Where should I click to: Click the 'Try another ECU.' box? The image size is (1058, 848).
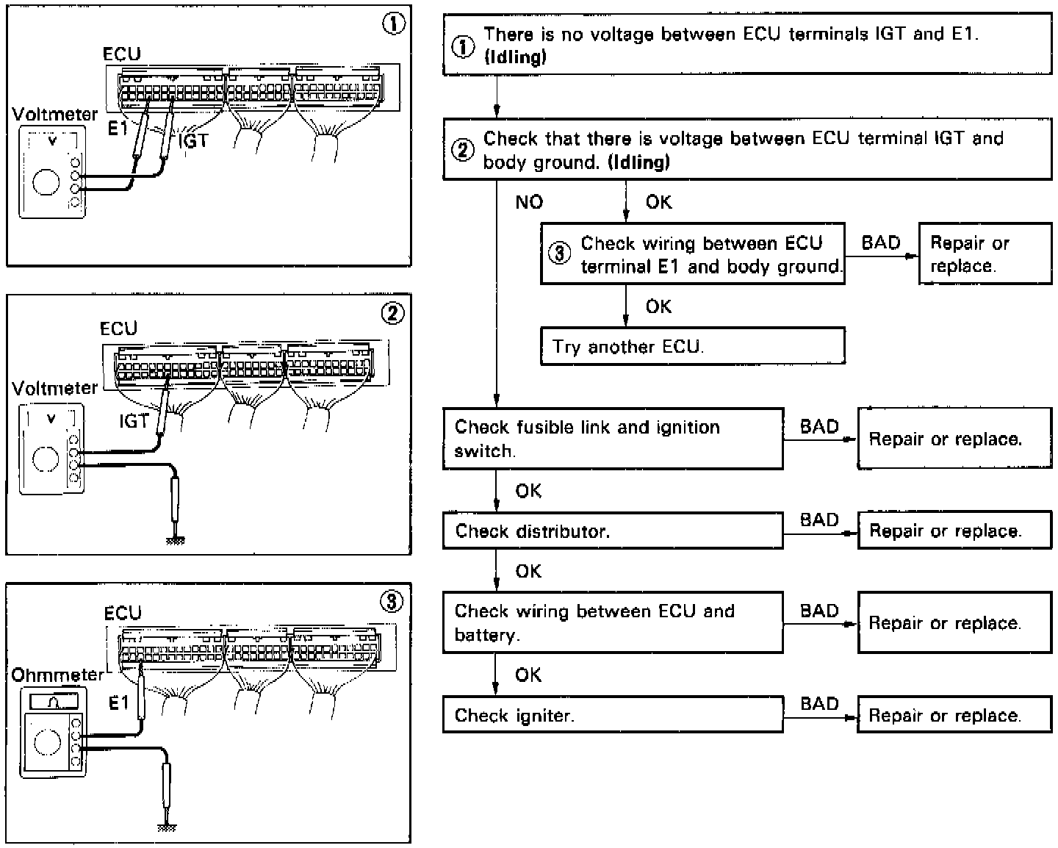[692, 346]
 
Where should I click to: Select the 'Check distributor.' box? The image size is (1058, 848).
[612, 531]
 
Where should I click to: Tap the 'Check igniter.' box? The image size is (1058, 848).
[612, 715]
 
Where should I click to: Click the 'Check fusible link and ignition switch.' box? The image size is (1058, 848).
[612, 439]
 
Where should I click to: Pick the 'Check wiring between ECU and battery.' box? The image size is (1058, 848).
[612, 622]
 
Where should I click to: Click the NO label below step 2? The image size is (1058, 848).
[529, 202]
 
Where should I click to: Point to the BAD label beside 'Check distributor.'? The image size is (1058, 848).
[819, 520]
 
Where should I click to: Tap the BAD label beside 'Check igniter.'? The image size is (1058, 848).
[819, 704]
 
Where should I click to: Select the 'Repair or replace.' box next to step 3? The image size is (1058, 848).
[985, 254]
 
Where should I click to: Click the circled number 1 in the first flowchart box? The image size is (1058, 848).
[462, 46]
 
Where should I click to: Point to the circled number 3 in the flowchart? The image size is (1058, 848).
[560, 254]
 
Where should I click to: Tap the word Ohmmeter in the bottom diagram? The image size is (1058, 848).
[58, 675]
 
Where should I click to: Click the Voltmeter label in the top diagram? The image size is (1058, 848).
[54, 115]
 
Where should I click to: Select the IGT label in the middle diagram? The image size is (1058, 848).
[134, 421]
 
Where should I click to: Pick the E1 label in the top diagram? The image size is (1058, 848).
[118, 129]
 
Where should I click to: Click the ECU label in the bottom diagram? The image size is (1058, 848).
[123, 613]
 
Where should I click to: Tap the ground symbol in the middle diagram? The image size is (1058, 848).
[175, 540]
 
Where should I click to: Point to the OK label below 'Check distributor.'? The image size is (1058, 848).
[528, 571]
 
